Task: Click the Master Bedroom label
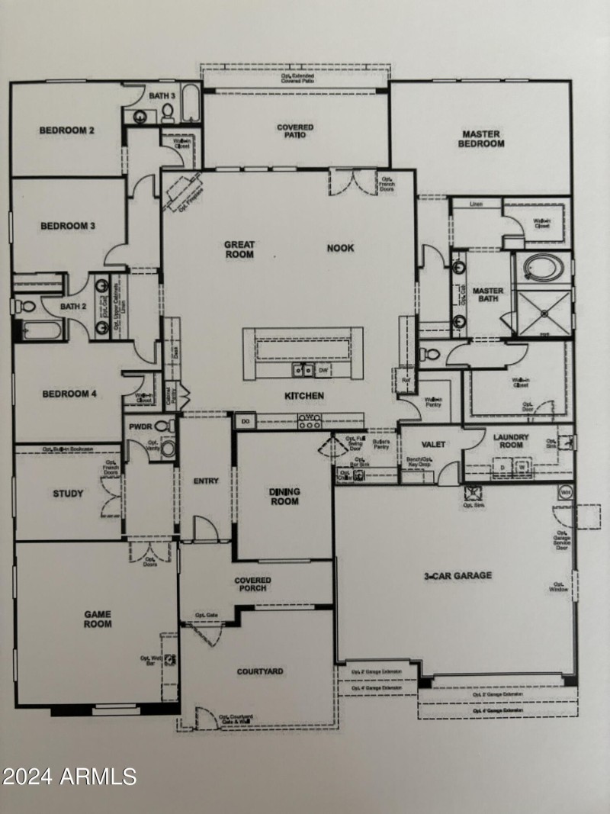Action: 483,139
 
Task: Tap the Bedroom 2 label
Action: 67,130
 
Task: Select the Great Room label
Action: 239,249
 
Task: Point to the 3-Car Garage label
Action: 458,576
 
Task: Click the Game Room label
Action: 98,618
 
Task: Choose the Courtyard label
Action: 260,671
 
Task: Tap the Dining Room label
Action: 284,497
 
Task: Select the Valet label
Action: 433,444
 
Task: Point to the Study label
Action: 68,494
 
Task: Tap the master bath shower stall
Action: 544,313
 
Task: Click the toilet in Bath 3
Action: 168,114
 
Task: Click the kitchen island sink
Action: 302,370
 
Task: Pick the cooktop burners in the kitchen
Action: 310,420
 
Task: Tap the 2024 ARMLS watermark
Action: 69,777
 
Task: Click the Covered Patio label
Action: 295,131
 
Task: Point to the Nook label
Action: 340,248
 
